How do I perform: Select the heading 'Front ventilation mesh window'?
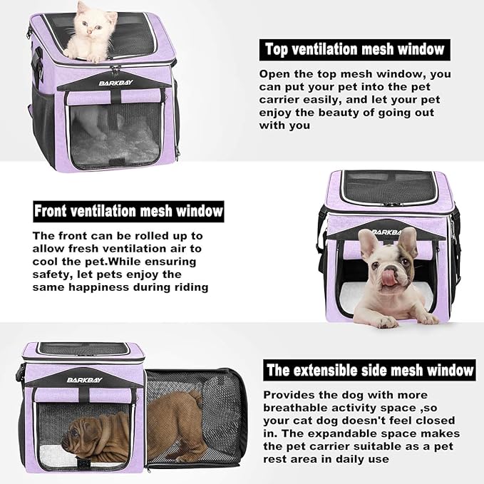[x=128, y=212]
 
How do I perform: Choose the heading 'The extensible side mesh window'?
[x=369, y=370]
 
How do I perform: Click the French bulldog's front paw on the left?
[x=386, y=321]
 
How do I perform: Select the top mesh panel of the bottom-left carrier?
[x=83, y=349]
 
